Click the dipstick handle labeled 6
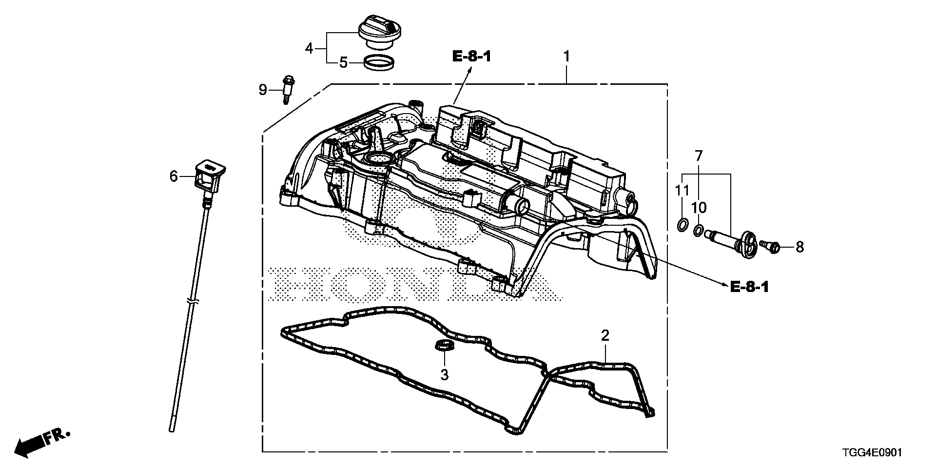click(x=210, y=176)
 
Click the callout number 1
click(x=566, y=57)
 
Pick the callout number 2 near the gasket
click(x=605, y=335)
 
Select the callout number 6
click(x=174, y=176)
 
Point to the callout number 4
click(x=309, y=48)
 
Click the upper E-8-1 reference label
click(x=471, y=57)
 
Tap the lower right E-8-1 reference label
click(x=749, y=287)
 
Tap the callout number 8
click(x=799, y=247)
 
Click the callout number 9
click(x=263, y=90)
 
